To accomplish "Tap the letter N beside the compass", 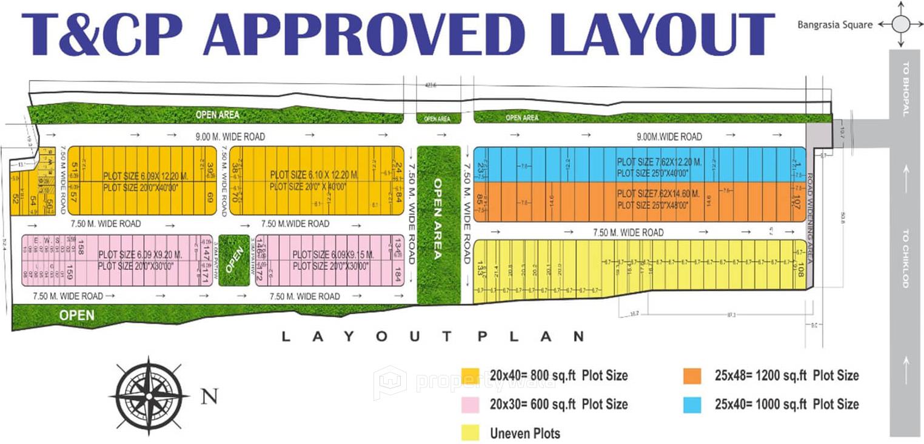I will [209, 397].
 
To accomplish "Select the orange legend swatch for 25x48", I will [692, 376].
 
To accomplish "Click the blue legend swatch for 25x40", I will [692, 405].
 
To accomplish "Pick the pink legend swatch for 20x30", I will [470, 405].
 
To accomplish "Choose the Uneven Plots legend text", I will [525, 433].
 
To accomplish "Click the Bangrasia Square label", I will [835, 25].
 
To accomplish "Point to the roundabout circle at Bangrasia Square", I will [902, 24].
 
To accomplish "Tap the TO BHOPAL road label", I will [906, 96].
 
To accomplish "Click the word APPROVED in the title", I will [364, 35].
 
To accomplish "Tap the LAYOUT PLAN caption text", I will [433, 336].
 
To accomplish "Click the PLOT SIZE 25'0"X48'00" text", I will [653, 206].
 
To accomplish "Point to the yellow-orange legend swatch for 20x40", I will [470, 376].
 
